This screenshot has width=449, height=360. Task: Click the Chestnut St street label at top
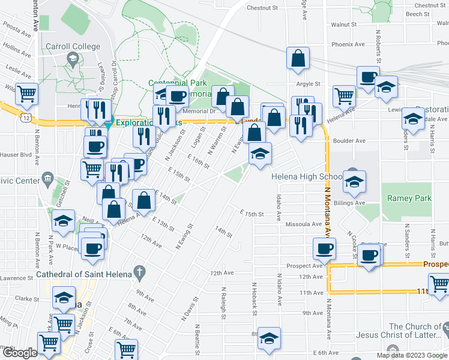(262, 8)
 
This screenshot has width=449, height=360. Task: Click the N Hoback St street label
(255, 300)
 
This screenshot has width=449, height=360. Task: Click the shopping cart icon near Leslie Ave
(26, 93)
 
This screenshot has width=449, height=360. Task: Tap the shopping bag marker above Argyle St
(298, 58)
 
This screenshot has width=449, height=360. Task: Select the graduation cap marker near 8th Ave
(269, 339)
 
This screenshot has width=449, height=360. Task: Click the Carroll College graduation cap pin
(73, 59)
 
